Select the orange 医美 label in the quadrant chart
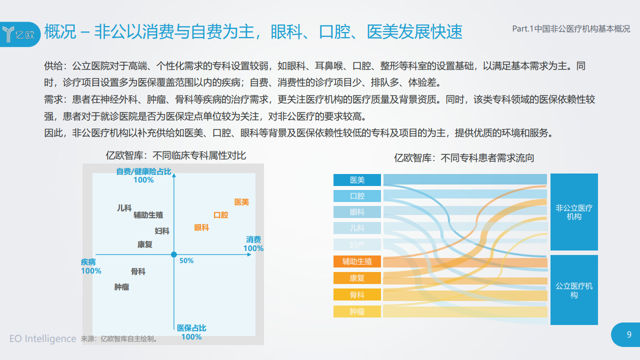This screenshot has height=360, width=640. tap(241, 202)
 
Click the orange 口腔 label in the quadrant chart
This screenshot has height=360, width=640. tap(221, 215)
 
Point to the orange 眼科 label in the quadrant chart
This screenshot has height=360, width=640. tap(201, 227)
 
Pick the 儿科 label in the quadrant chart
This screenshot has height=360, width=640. tap(124, 208)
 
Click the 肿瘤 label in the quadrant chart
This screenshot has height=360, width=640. tap(121, 287)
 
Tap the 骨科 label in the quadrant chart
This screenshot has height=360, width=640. tap(138, 271)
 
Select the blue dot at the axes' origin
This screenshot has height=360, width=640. tap(173, 254)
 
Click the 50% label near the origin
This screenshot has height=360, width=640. tap(186, 260)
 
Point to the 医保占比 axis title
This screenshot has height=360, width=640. tap(191, 328)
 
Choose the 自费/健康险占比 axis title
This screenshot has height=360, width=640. tap(143, 171)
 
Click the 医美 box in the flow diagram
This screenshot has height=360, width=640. tap(357, 180)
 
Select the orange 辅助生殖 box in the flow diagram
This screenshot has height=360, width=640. tap(357, 261)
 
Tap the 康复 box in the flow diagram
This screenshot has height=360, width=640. tap(357, 278)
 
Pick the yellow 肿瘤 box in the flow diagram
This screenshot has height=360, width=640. tap(357, 311)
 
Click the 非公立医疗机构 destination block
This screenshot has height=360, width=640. tap(574, 212)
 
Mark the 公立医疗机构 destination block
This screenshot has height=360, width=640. tap(574, 290)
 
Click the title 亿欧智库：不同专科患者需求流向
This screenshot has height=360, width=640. tap(464, 158)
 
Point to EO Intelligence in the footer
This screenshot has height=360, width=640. tap(43, 338)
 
